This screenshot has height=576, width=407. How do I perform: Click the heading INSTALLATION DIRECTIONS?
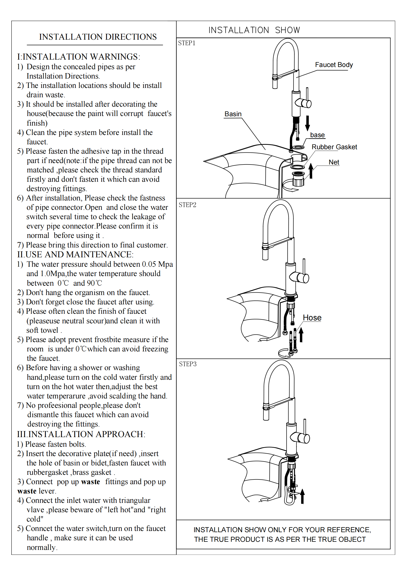[x=98, y=37]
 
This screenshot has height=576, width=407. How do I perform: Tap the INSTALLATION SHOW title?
[x=254, y=30]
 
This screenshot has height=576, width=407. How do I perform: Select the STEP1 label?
[x=187, y=43]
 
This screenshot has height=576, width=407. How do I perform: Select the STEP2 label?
[x=187, y=205]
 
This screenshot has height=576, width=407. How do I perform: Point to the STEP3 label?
[x=188, y=364]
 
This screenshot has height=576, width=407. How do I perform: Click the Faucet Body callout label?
[x=334, y=65]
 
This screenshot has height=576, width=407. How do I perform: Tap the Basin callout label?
[x=233, y=114]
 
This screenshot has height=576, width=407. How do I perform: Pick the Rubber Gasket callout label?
[x=334, y=147]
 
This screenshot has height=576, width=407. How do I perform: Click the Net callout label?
[x=334, y=162]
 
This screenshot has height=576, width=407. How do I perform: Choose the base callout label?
[x=317, y=135]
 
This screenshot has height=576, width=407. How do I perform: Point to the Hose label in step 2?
[x=312, y=318]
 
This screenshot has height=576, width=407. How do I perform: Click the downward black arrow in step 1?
[x=308, y=123]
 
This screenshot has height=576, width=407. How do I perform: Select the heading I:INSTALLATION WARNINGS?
[x=79, y=57]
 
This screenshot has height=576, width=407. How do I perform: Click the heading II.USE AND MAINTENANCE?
[x=75, y=254]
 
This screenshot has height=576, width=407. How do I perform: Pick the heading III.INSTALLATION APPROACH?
[x=81, y=434]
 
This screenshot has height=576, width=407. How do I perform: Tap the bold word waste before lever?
[x=27, y=491]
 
